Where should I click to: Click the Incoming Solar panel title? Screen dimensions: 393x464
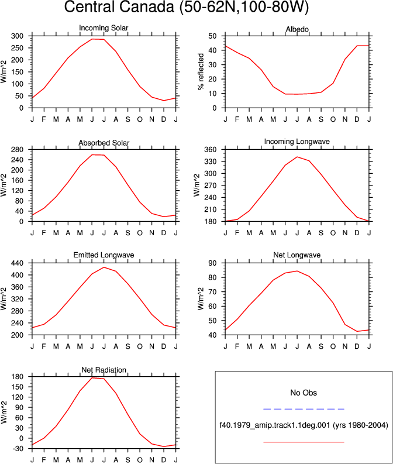point(104,28)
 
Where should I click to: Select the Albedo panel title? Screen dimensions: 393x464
point(297,29)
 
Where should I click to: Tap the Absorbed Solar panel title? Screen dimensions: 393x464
point(104,143)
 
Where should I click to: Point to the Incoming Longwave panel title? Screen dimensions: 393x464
point(297,142)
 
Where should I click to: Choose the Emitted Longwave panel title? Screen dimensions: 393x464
point(104,255)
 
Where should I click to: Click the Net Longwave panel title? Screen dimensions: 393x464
point(297,255)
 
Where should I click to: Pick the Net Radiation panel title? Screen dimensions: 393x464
point(104,370)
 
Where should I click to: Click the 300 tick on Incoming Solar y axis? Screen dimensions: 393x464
point(17,36)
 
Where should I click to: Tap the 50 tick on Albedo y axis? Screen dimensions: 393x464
point(213,36)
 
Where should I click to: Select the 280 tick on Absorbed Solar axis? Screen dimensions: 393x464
point(17,149)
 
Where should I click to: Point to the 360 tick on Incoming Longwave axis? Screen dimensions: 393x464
point(211,149)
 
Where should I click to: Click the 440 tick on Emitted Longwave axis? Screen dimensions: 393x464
point(17,263)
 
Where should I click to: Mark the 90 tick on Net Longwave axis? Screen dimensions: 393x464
point(213,263)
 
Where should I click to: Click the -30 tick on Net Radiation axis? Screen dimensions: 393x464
point(18,449)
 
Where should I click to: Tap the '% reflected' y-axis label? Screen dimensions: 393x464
point(201,71)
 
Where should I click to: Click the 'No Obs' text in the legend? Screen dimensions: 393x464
point(304,393)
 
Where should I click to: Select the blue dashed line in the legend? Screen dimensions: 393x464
point(304,409)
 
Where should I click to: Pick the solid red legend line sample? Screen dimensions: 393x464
point(304,442)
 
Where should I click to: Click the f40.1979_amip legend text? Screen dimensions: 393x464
point(304,425)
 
